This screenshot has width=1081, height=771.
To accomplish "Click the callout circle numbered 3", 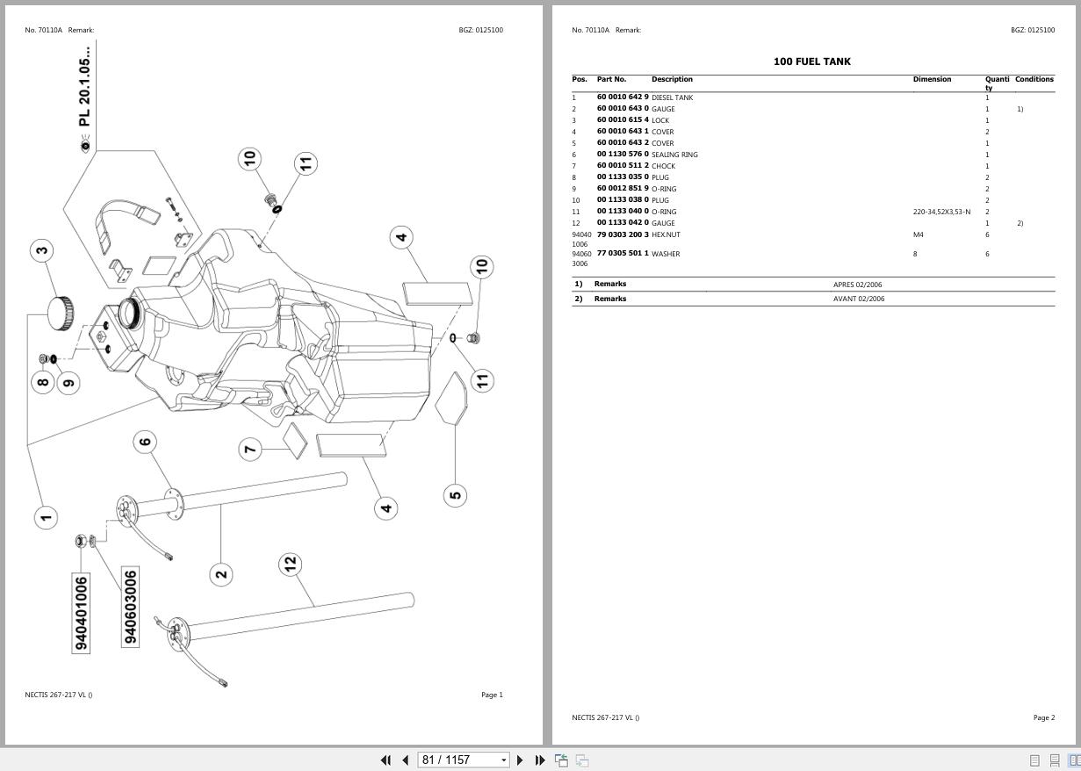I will [41, 250].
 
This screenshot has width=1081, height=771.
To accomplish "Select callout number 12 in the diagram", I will [291, 565].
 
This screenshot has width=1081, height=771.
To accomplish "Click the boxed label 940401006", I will [81, 613].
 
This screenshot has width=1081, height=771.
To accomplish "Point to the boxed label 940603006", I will [130, 607].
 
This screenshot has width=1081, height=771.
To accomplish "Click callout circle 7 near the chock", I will [250, 449].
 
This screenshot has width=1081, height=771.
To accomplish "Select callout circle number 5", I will [455, 495].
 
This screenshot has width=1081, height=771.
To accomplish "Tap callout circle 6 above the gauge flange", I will [146, 442].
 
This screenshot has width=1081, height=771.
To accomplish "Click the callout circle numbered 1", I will [46, 517].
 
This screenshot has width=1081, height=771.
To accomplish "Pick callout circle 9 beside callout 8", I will [68, 382].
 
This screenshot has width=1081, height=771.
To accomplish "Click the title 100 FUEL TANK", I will [811, 61].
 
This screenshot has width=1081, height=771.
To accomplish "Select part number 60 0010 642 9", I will [623, 97].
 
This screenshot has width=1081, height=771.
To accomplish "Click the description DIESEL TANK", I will [672, 97].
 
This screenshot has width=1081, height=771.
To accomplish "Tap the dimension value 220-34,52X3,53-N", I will [941, 212].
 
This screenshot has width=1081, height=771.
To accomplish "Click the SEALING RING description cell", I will [674, 155].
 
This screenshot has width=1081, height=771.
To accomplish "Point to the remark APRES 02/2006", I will [858, 285].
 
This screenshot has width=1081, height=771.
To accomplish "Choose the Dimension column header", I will [932, 79].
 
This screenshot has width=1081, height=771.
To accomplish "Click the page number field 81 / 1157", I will [457, 760].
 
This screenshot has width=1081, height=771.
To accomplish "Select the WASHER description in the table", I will [666, 254].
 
